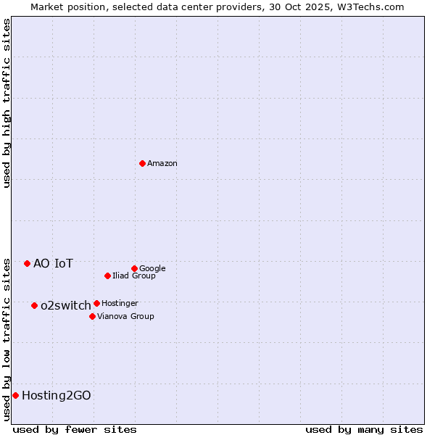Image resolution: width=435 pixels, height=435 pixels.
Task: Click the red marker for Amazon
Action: click(142, 163)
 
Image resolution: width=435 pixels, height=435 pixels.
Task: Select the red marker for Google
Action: click(134, 268)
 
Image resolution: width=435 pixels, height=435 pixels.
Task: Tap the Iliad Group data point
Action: click(107, 275)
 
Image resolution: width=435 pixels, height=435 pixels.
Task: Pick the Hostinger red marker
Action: click(96, 303)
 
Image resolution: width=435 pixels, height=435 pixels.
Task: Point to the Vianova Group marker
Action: click(92, 316)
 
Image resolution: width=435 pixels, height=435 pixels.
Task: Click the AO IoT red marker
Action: click(27, 263)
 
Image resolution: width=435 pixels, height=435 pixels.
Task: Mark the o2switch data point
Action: click(34, 305)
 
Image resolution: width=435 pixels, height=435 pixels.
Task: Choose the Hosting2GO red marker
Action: click(15, 395)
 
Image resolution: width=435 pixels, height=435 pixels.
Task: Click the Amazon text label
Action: click(162, 164)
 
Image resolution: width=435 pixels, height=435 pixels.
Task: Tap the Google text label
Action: click(152, 269)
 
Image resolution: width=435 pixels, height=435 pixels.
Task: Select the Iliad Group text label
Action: click(134, 276)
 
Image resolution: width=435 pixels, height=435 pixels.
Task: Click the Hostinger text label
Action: click(120, 304)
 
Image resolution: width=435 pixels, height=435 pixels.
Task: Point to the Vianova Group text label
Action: click(125, 317)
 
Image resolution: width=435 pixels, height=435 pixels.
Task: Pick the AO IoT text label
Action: click(53, 264)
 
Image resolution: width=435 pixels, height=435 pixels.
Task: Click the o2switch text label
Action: click(66, 306)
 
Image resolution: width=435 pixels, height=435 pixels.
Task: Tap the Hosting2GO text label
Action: click(57, 396)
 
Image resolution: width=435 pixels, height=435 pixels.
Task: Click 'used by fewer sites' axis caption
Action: click(75, 429)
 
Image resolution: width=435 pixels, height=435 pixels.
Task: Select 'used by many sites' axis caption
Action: click(364, 429)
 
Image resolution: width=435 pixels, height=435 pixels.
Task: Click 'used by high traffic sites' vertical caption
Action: click(7, 103)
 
